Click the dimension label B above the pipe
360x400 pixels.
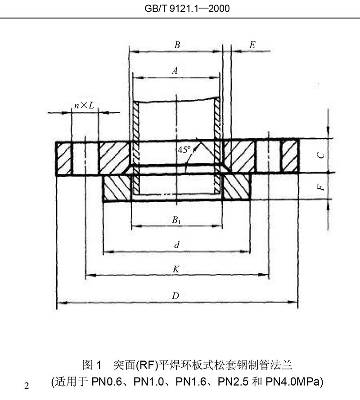(x=177, y=45)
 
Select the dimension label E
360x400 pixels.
(x=252, y=44)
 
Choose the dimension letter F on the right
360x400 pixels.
(x=321, y=186)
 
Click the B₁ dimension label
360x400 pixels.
(x=176, y=220)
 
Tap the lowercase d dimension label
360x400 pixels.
(x=177, y=245)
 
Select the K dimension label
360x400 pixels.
(x=176, y=269)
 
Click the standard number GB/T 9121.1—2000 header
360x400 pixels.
(x=180, y=8)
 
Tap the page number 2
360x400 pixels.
(x=27, y=386)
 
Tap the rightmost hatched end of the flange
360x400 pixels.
(x=290, y=156)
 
